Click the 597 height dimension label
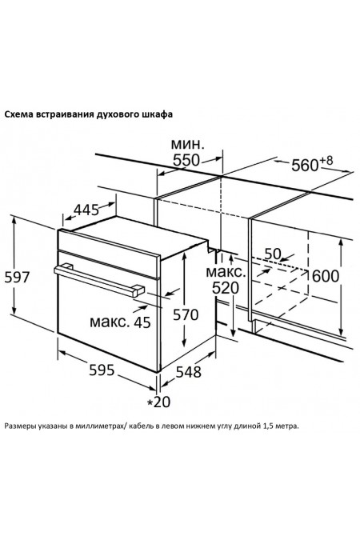[18, 278]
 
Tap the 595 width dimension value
[102, 370]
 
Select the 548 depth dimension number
[189, 372]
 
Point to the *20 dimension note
[159, 402]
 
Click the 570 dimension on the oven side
[186, 314]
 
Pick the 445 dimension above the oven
[86, 210]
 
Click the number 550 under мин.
[186, 160]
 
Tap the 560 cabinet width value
[305, 166]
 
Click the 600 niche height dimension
[326, 276]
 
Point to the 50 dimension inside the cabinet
[273, 254]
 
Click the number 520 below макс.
[226, 288]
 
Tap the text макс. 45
[120, 322]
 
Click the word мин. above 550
[188, 144]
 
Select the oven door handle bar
[99, 281]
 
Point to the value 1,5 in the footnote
[268, 426]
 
